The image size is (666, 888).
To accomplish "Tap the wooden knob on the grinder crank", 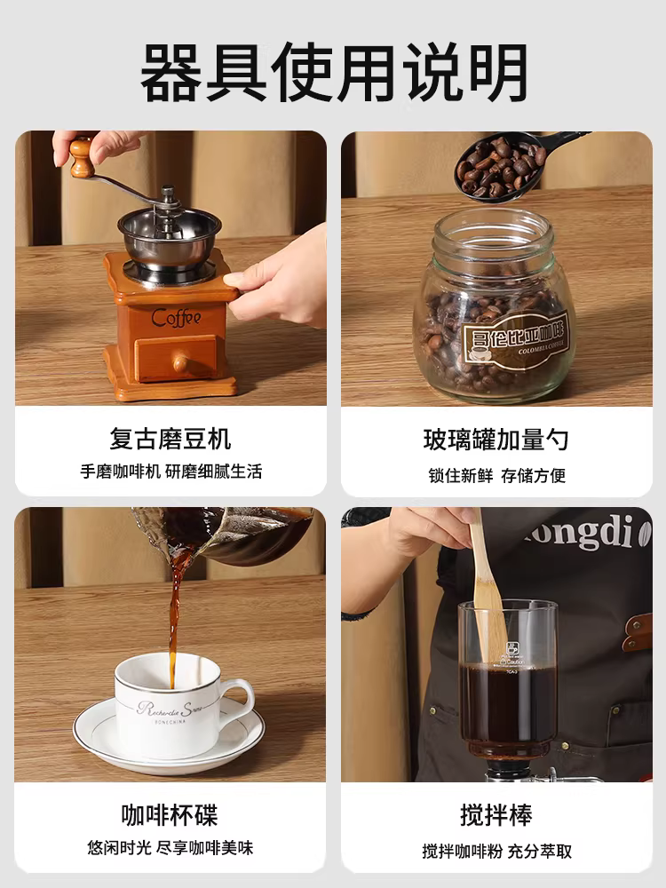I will (81, 157).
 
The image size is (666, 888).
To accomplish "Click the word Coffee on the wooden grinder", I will (176, 317).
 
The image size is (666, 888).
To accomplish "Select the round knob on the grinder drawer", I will (179, 362).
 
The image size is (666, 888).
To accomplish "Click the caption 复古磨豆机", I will (170, 439).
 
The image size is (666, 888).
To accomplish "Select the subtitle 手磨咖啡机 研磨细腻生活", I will (170, 472).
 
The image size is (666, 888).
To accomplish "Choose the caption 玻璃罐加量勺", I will (496, 439).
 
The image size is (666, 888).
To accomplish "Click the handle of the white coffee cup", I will (237, 698).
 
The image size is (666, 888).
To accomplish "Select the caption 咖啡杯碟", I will (170, 814).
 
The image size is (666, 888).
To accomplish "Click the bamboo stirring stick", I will (485, 586).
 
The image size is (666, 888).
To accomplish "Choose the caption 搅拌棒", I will (496, 814).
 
